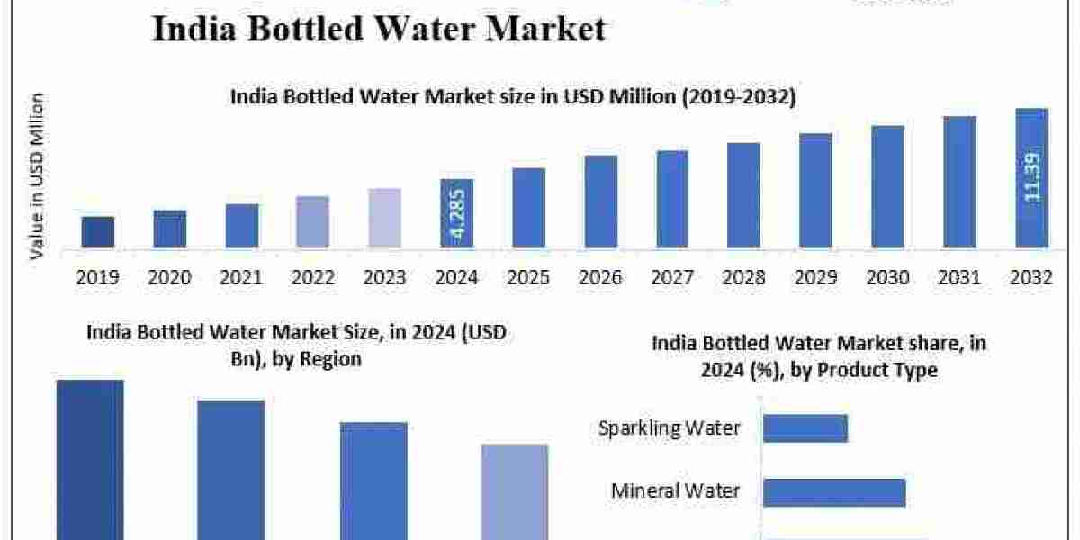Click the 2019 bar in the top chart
98,232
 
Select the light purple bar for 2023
384,218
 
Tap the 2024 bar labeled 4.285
456,213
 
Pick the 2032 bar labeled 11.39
1031,177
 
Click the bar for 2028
743,195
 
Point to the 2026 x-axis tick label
600,278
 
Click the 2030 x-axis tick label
887,278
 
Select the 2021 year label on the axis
241,278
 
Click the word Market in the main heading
545,29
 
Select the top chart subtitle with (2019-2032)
513,97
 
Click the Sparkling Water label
670,427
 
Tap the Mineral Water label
675,490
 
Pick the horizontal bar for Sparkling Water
805,427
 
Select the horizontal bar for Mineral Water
834,492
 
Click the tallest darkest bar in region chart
90,459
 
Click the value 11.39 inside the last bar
1032,177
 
